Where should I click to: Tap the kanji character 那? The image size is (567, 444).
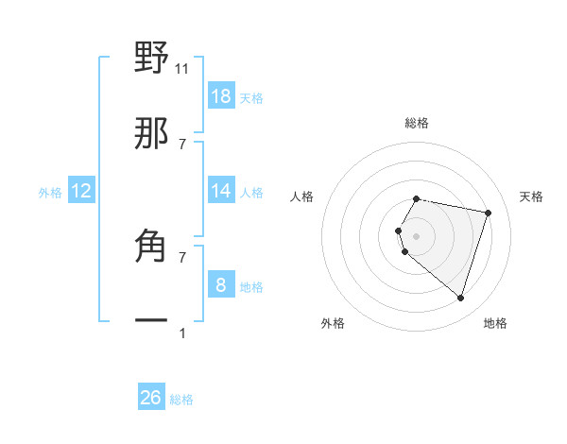tap(151, 134)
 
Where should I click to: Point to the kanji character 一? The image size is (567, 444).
tap(151, 321)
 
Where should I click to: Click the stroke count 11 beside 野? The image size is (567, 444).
tap(182, 68)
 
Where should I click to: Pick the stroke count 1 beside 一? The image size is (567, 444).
tap(182, 333)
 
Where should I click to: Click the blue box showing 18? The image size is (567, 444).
tap(221, 96)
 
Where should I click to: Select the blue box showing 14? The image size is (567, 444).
tap(221, 191)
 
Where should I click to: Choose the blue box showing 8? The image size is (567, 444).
tap(221, 285)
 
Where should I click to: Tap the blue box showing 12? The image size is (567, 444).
tap(81, 191)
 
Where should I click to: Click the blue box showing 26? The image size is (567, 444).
tap(151, 398)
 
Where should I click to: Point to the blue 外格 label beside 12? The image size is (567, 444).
tap(50, 193)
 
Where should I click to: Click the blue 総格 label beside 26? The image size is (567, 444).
tap(181, 400)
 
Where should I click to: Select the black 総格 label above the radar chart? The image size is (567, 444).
tap(417, 123)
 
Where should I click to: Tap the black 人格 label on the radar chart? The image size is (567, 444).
tap(302, 196)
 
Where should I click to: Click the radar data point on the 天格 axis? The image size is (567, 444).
tap(488, 213)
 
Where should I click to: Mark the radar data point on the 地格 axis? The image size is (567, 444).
tap(460, 299)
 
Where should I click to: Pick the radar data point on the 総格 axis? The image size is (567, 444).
tap(417, 199)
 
